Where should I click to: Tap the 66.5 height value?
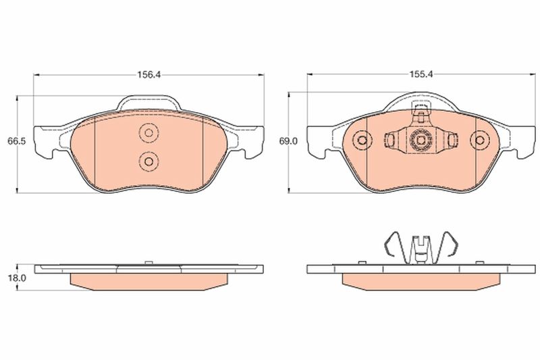pyautogui.click(x=17, y=141)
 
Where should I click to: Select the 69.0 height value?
pyautogui.click(x=288, y=141)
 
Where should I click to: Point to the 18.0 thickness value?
pyautogui.click(x=17, y=278)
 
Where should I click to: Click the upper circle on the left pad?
pyautogui.click(x=148, y=132)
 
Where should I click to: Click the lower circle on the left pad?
pyautogui.click(x=148, y=161)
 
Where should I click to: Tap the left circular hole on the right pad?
pyautogui.click(x=362, y=140)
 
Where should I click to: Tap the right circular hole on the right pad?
pyautogui.click(x=479, y=140)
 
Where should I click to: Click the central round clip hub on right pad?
pyautogui.click(x=420, y=140)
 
